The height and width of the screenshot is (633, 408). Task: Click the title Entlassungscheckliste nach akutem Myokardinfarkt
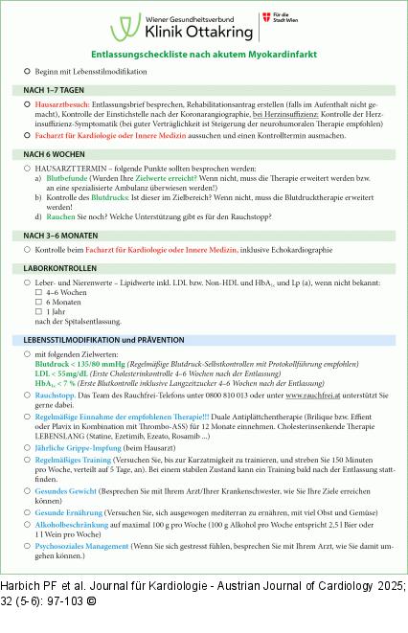point(204,56)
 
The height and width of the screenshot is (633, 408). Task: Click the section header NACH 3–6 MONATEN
point(59,235)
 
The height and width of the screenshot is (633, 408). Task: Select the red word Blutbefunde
point(65,178)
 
